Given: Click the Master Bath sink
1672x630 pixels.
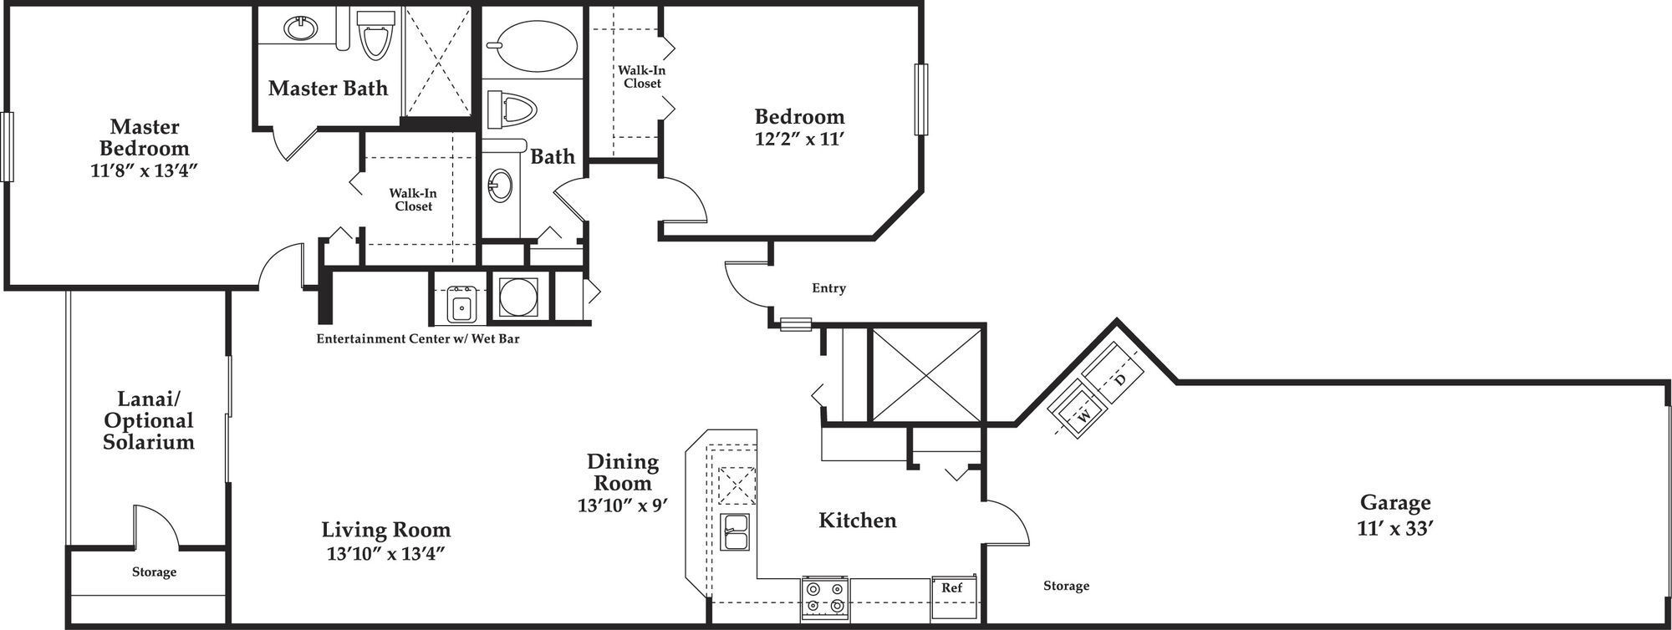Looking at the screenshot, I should tap(300, 29).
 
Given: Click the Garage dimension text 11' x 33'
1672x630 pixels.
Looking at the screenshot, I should tap(1395, 528).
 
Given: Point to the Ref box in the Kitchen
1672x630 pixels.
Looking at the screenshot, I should tap(952, 587).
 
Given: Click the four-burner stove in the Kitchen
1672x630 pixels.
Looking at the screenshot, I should tap(824, 597).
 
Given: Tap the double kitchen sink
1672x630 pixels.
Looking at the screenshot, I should tap(737, 531).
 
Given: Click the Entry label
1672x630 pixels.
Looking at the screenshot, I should tap(828, 288).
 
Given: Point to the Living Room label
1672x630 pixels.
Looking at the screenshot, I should tap(385, 529).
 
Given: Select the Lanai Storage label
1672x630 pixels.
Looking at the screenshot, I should tap(154, 572).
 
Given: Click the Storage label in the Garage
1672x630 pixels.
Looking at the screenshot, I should tap(1066, 586).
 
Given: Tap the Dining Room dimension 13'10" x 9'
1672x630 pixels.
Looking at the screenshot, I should tap(622, 506).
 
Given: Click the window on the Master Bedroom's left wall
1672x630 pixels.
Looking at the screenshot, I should tap(7, 146).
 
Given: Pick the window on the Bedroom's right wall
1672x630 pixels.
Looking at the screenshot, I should tap(921, 99).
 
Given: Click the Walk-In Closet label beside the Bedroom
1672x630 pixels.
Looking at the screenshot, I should tap(642, 77).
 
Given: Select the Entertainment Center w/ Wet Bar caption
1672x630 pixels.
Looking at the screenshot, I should tap(417, 339).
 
